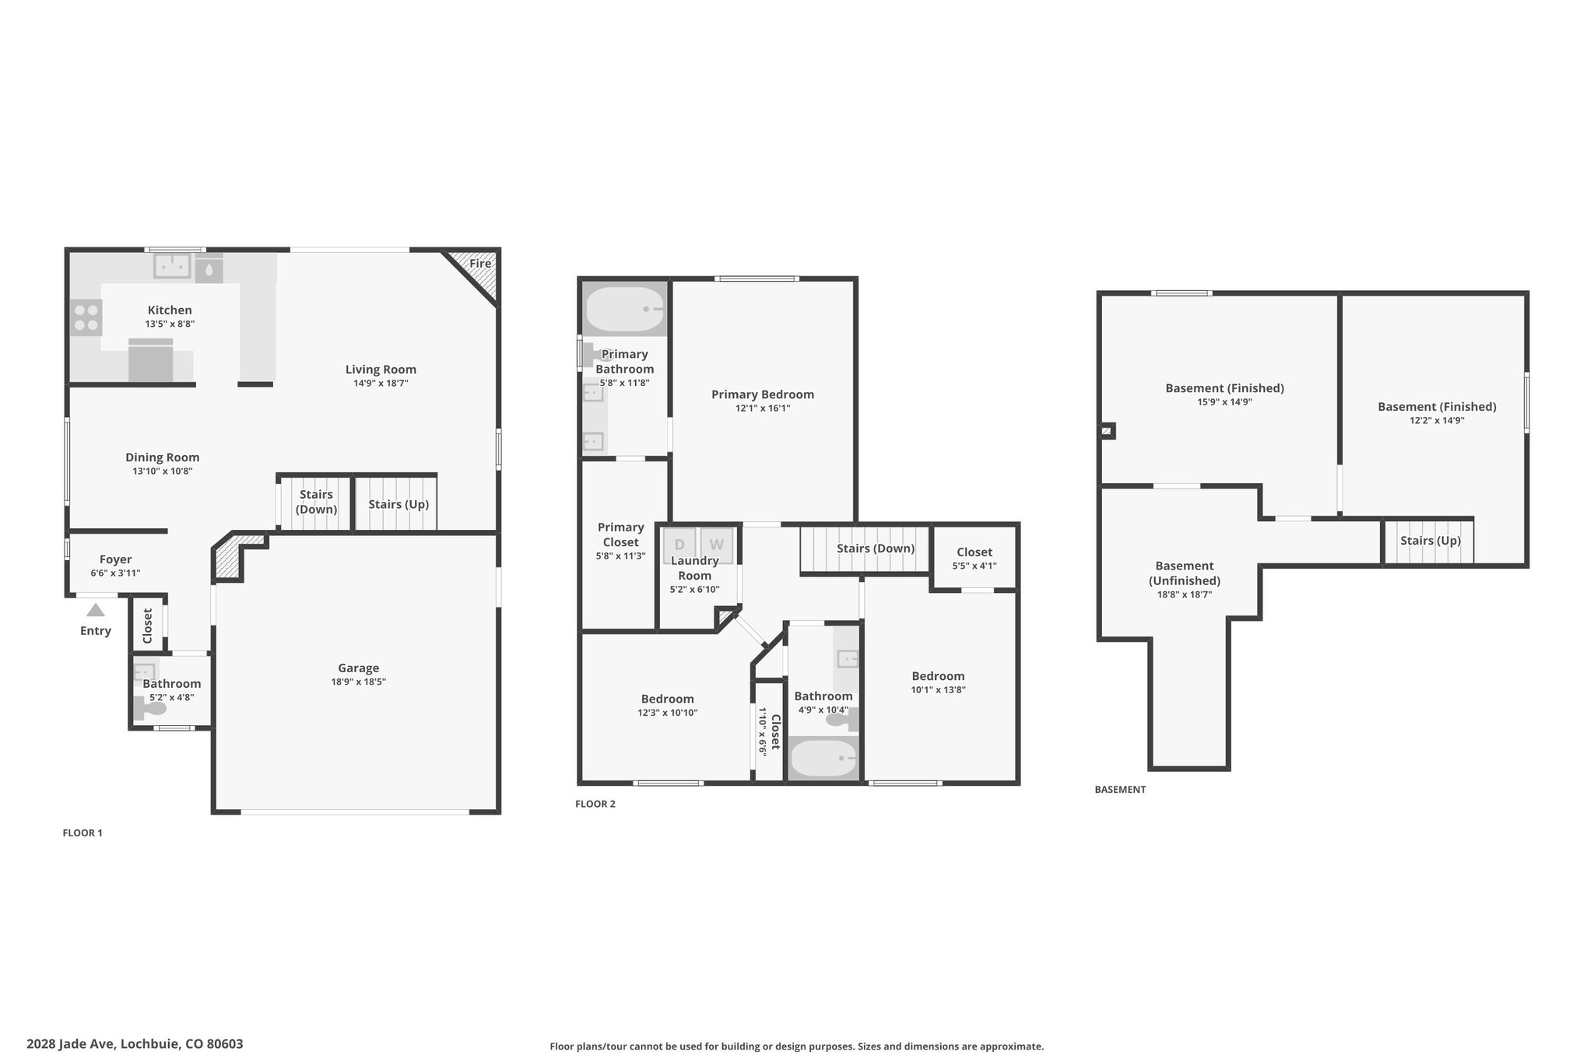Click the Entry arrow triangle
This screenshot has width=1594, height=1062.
[x=95, y=610]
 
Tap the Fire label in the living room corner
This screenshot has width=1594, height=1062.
[x=480, y=263]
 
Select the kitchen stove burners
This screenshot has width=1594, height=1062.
[x=86, y=317]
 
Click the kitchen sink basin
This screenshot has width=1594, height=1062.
[x=173, y=266]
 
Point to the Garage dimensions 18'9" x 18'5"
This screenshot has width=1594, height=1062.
[x=358, y=682]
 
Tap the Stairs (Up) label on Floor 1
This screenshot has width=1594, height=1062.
[x=398, y=504]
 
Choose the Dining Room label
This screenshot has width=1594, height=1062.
[x=163, y=457]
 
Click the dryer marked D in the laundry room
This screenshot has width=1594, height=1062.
[x=679, y=545]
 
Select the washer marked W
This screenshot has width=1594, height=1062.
[x=716, y=545]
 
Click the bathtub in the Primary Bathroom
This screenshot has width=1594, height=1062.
[x=625, y=309]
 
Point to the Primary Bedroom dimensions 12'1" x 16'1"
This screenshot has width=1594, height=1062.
[x=763, y=408]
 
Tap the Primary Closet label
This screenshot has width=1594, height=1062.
[x=621, y=535]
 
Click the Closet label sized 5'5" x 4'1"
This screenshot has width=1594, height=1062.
[x=974, y=552]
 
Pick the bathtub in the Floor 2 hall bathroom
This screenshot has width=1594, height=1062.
[x=823, y=758]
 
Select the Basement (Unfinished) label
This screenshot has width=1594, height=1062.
[x=1185, y=573]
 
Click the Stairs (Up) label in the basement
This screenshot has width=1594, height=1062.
[x=1431, y=541]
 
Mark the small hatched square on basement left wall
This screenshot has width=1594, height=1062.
[x=1107, y=430]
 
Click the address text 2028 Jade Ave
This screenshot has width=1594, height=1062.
[x=72, y=1044]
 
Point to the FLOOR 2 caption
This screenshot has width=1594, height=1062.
[x=595, y=804]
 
